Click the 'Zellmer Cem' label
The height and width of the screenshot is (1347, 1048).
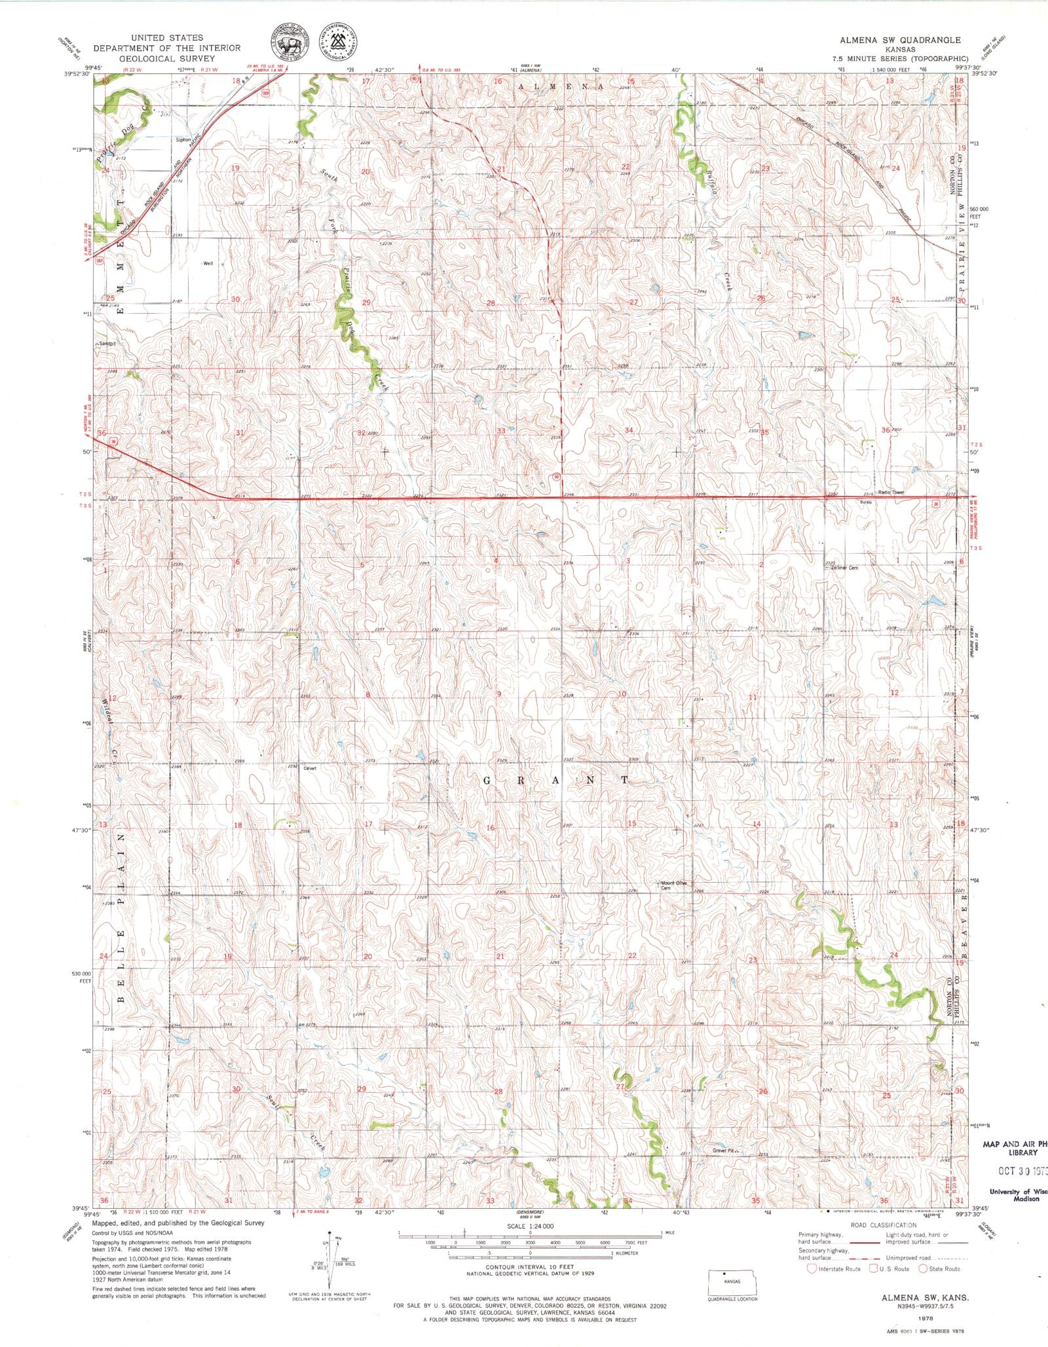844,568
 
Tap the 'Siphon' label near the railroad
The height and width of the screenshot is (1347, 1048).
183,139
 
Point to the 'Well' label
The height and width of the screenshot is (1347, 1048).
208,264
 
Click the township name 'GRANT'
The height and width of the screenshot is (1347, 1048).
556,780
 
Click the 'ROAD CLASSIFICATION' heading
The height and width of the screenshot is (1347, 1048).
883,1225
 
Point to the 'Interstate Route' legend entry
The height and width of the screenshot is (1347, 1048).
831,1268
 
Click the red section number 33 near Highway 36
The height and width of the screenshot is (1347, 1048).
501,431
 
